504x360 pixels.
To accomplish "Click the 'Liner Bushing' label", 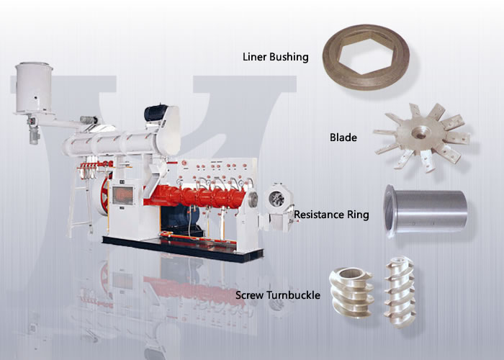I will point(276,56).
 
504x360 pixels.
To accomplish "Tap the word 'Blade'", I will point(343,137).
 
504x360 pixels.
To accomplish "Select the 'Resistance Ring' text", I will point(331,215).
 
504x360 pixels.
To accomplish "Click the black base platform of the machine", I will point(180,245).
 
